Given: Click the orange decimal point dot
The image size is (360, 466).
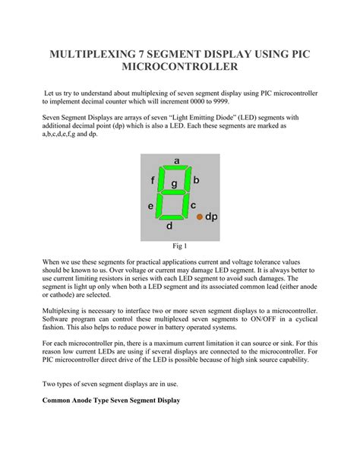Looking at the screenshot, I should pyautogui.click(x=201, y=217).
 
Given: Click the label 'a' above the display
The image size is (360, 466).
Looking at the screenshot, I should pyautogui.click(x=176, y=160).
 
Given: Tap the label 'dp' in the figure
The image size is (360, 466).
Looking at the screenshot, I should pyautogui.click(x=212, y=217).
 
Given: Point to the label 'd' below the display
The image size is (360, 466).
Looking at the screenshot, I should pyautogui.click(x=169, y=226).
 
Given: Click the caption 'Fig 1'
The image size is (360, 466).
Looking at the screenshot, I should pyautogui.click(x=180, y=247).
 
